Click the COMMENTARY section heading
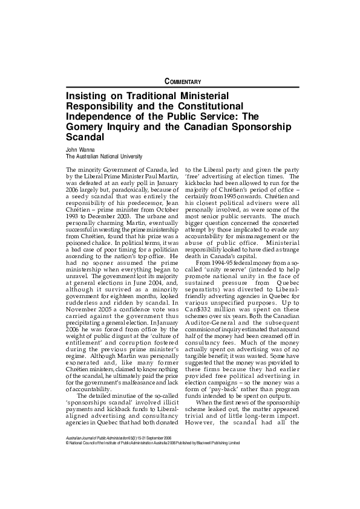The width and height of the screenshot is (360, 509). coord(183,82)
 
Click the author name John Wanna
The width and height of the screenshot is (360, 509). coord(79,148)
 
